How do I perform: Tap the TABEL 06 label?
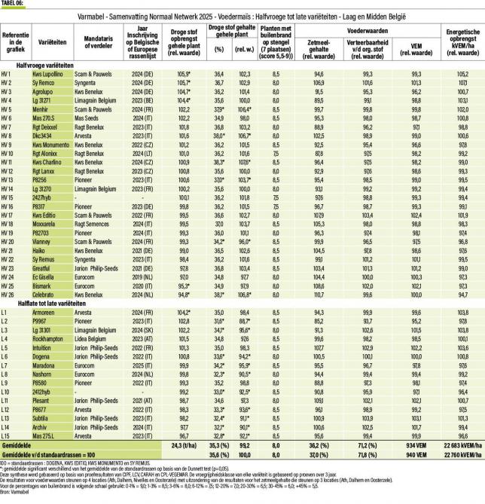pyautogui.click(x=12, y=3)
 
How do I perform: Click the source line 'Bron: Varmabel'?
pyautogui.click(x=14, y=499)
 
